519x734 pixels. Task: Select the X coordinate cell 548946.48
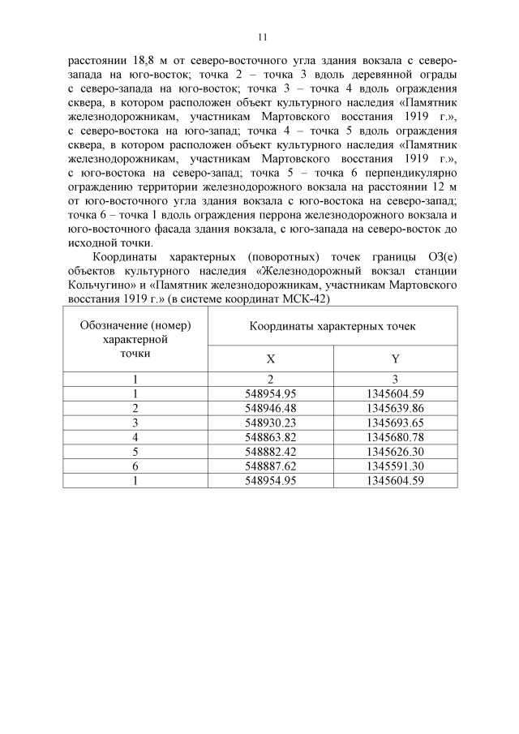tap(270, 407)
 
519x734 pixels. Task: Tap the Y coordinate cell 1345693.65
tap(395, 422)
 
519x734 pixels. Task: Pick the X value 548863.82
tap(270, 436)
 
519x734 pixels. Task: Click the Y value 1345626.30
tap(395, 451)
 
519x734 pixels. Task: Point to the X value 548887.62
tap(270, 466)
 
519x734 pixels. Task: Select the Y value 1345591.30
tap(395, 466)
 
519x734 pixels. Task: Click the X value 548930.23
tap(270, 422)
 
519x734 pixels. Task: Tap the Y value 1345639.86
tap(395, 407)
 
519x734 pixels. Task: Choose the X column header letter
tap(270, 358)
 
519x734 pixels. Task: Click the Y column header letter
tap(395, 358)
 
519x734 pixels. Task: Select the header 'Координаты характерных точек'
tap(332, 325)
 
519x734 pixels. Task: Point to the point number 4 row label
tap(135, 436)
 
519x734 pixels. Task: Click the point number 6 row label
tap(135, 466)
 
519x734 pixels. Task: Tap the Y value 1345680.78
tap(395, 436)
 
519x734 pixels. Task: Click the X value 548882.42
tap(270, 451)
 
